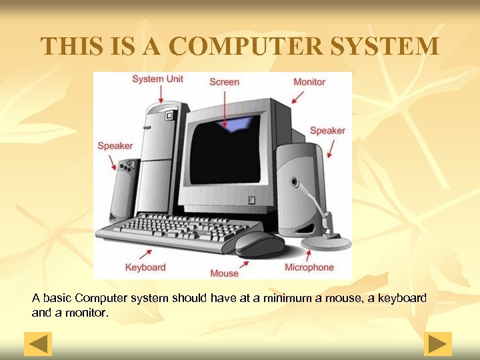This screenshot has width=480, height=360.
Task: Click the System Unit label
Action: coord(157,79)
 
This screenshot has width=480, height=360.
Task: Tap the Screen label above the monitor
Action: coord(224,82)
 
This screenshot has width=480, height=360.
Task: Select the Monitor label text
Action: coord(309,82)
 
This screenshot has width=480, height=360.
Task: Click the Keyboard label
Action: coord(145,267)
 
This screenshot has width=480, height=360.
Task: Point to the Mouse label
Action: coord(224,273)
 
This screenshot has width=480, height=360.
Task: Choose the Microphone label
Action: coord(309,267)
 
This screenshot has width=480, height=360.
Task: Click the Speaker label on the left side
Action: coord(115,146)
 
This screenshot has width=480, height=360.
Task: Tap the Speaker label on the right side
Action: coord(327,131)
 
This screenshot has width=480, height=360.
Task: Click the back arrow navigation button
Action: coord(38,344)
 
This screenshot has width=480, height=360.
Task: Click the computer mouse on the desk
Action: coord(256,243)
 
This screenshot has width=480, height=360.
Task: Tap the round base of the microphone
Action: coord(326,243)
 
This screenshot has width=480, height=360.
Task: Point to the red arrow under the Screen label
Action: coord(225,107)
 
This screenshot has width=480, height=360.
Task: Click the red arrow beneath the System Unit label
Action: coord(160,95)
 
